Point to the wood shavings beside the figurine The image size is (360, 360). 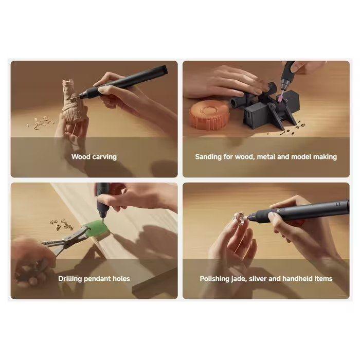tap(41, 122)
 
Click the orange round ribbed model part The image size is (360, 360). tap(209, 115)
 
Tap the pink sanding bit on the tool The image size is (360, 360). tap(281, 97)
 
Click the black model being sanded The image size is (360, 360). tap(266, 107)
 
